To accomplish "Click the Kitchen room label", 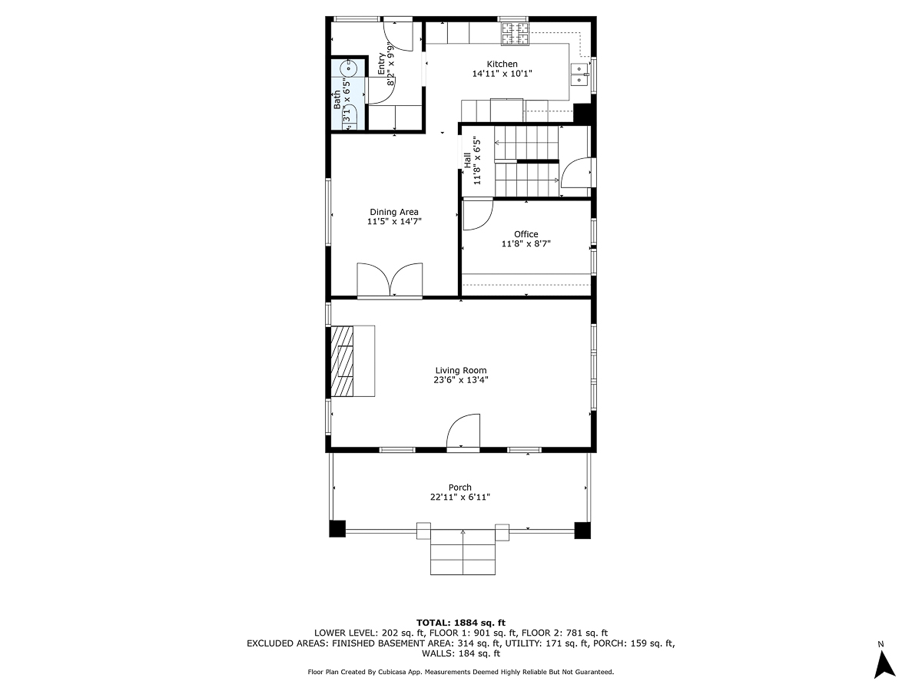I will (502, 64).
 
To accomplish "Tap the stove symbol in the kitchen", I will (516, 32).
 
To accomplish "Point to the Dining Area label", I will (394, 212).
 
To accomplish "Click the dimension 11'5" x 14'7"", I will (394, 222).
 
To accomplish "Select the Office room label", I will (526, 234).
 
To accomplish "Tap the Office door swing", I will (476, 214).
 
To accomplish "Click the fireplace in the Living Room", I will (343, 361).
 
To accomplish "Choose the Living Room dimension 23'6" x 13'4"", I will (461, 379).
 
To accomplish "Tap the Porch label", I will (460, 488).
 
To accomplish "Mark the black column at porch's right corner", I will (582, 530).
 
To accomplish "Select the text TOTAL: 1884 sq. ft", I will (460, 622).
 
